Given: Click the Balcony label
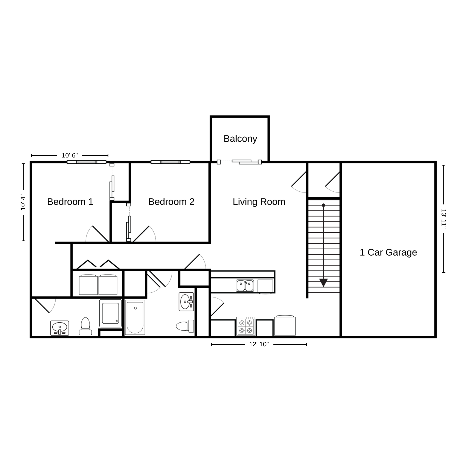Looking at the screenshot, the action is (240, 139).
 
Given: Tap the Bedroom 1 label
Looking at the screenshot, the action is (70, 202).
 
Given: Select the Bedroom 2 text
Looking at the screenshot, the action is (171, 202).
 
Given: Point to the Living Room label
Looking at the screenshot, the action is (259, 202).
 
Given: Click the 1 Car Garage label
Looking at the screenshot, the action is (388, 252).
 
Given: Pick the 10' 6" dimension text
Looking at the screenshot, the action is (70, 155).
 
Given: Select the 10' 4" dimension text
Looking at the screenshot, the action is (23, 202).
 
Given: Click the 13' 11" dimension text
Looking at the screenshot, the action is (443, 219).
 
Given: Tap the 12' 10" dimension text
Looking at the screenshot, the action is (259, 344).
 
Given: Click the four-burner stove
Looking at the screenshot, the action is (246, 326).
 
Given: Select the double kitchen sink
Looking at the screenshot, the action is (245, 285).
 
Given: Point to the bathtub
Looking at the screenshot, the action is (135, 317).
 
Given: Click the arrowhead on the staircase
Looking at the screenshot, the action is (323, 283).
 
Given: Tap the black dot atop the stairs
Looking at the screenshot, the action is (323, 205).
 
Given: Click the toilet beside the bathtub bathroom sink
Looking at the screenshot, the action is (185, 326).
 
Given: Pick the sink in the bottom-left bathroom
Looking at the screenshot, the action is (60, 328).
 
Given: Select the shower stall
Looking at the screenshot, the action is (111, 313).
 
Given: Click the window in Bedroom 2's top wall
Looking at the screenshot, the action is (170, 162).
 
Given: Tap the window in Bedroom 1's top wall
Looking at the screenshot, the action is (87, 162).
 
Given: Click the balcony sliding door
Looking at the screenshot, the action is (239, 162).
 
